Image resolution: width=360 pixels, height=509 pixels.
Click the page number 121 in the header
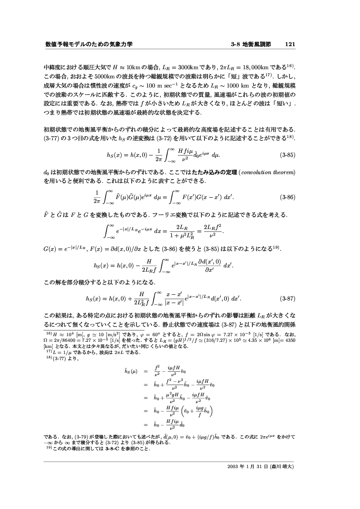pos(291,44)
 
